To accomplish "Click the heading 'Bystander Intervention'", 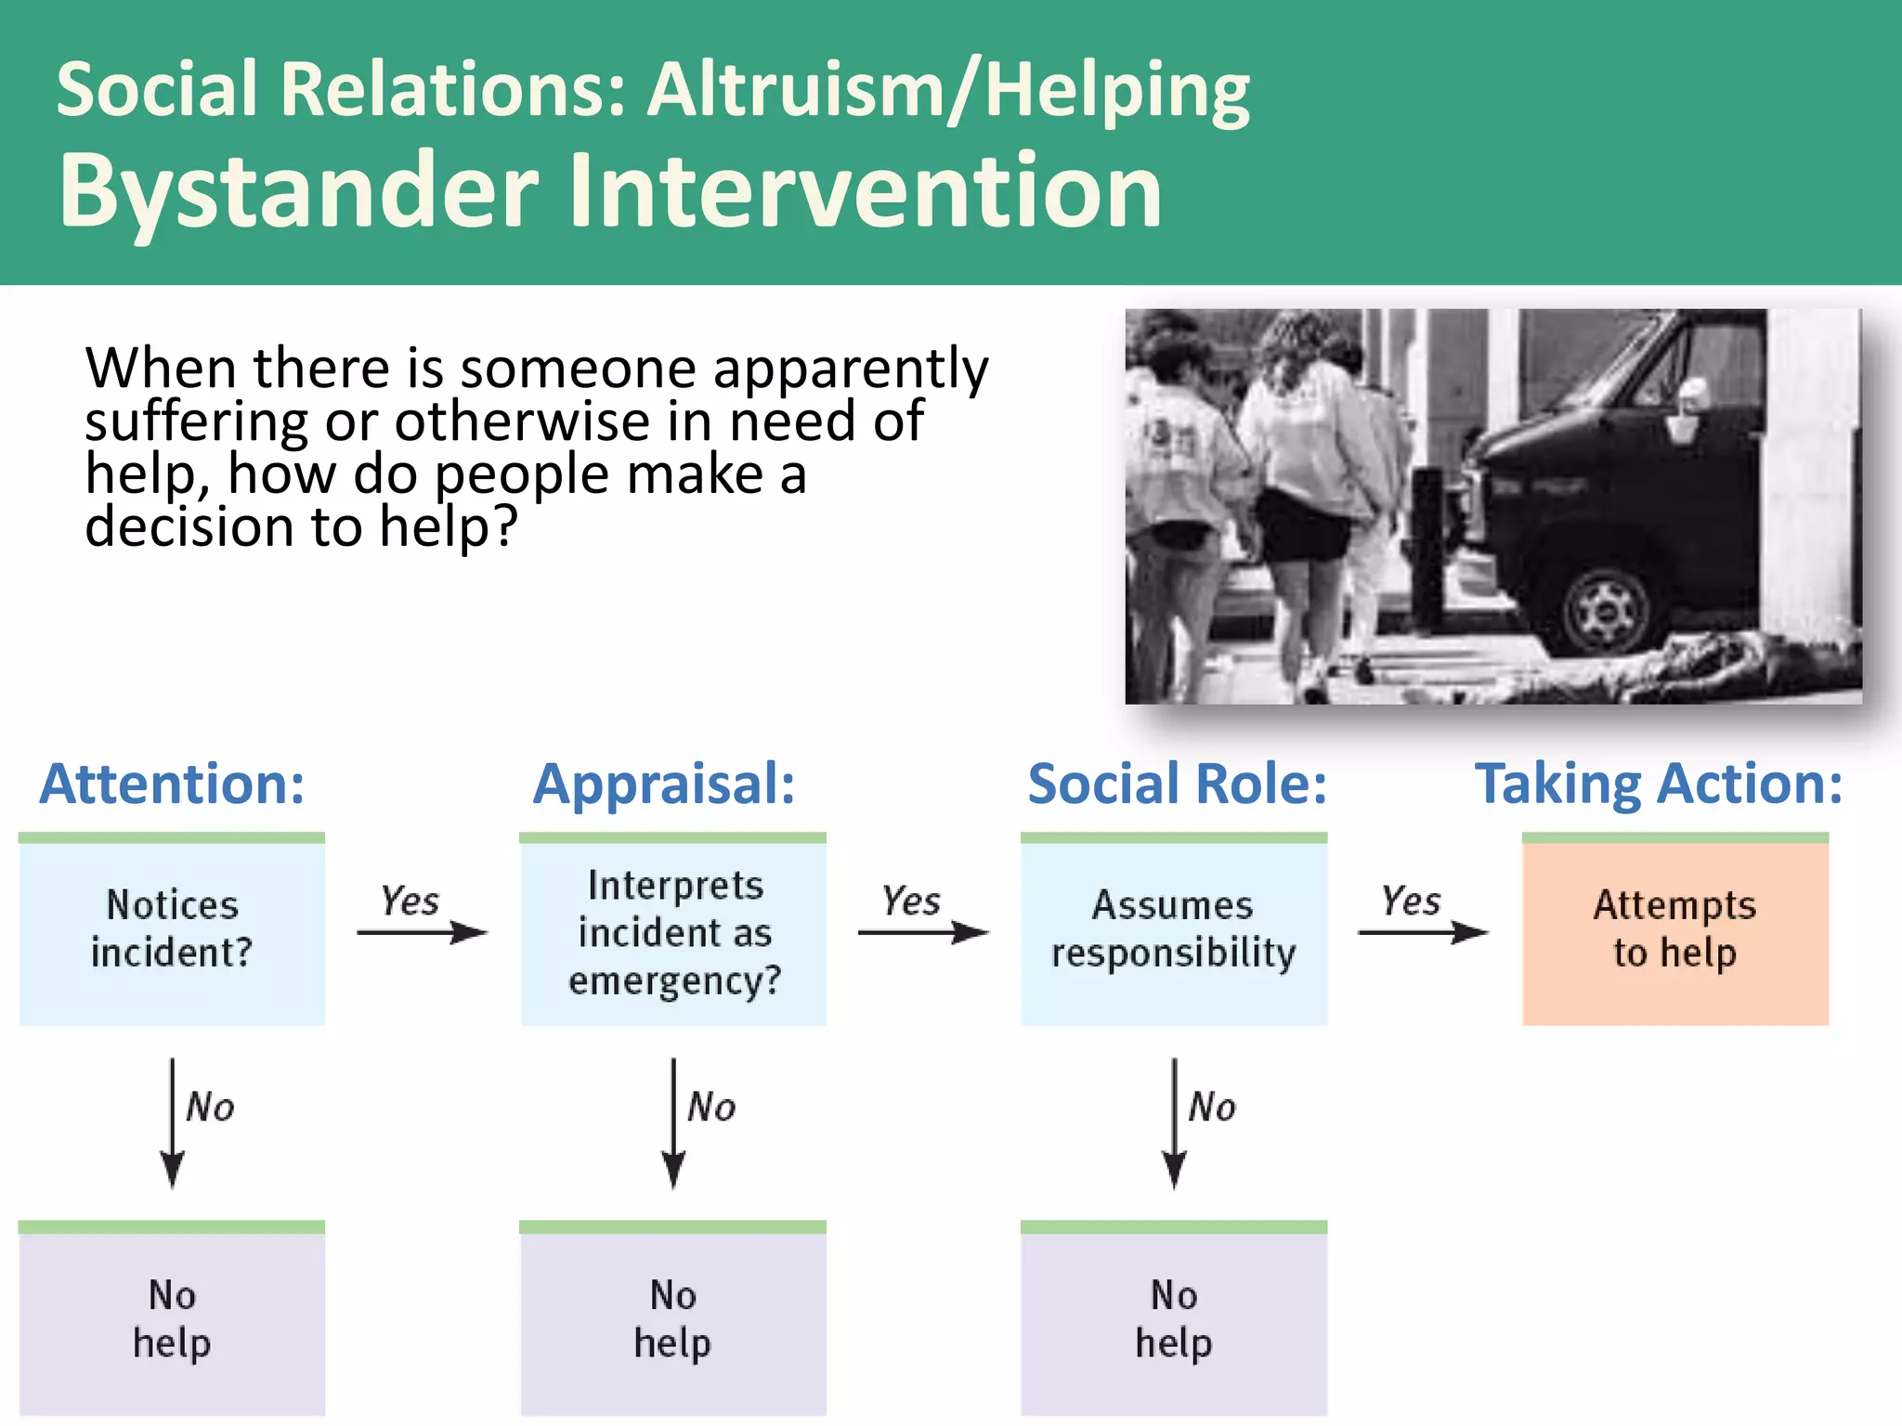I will pyautogui.click(x=609, y=191).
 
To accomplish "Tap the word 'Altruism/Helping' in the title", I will pyautogui.click(x=948, y=90).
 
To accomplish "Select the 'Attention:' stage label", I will pyautogui.click(x=172, y=784).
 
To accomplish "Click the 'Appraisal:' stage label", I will pyautogui.click(x=664, y=784).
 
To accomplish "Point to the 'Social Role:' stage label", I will pyautogui.click(x=1177, y=784).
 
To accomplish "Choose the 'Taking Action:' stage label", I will pyautogui.click(x=1659, y=784).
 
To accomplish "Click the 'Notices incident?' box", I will pyautogui.click(x=172, y=930).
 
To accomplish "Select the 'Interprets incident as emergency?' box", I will pyautogui.click(x=673, y=932).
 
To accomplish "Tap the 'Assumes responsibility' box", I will pyautogui.click(x=1174, y=930).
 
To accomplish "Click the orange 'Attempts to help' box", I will pyautogui.click(x=1674, y=930).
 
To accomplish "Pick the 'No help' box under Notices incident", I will pyautogui.click(x=172, y=1320).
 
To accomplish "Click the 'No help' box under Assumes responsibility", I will pyautogui.click(x=1174, y=1320).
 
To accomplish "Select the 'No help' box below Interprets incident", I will pyautogui.click(x=673, y=1320).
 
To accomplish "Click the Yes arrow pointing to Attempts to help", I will pyautogui.click(x=1423, y=931).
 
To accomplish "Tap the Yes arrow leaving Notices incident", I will pyautogui.click(x=423, y=931).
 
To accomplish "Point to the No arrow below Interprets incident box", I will pyautogui.click(x=673, y=1123).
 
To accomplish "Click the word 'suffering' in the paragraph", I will pyautogui.click(x=196, y=423).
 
